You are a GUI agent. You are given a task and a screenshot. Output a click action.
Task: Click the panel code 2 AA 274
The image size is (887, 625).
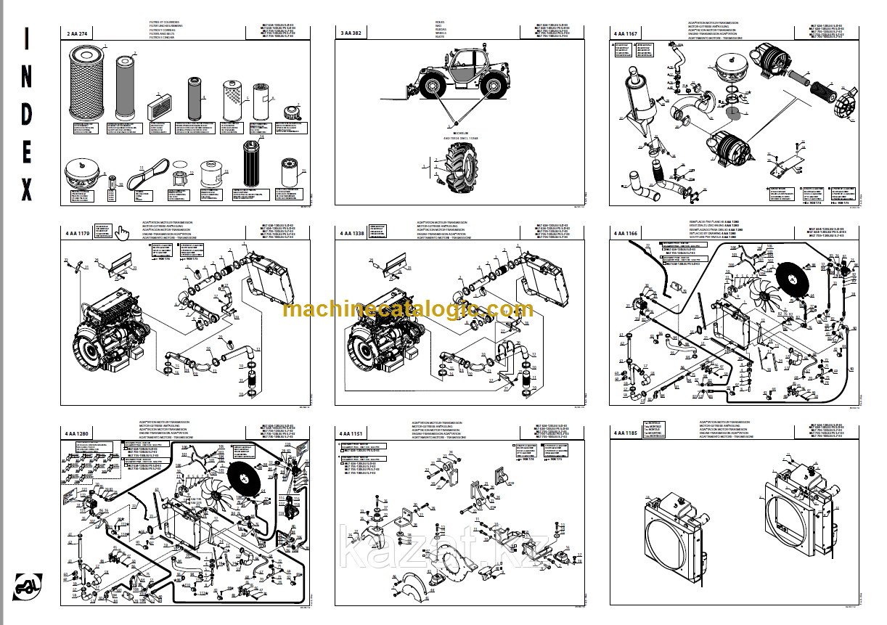pyautogui.click(x=78, y=33)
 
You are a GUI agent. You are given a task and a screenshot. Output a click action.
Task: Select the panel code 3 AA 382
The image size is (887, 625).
pyautogui.click(x=351, y=33)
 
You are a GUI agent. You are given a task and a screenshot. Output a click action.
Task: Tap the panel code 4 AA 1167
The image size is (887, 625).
pyautogui.click(x=626, y=33)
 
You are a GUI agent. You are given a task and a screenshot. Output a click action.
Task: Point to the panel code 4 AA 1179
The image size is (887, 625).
pyautogui.click(x=78, y=234)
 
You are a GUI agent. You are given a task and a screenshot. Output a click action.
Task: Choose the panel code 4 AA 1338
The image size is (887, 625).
pyautogui.click(x=351, y=234)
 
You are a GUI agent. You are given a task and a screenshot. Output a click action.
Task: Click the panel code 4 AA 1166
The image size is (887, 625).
pyautogui.click(x=626, y=234)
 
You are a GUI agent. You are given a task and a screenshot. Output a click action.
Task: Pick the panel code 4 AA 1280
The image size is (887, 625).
pyautogui.click(x=78, y=433)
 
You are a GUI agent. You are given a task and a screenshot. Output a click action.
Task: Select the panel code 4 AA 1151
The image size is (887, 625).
pyautogui.click(x=351, y=433)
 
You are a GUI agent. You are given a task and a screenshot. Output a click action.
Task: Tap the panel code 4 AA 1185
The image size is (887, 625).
pyautogui.click(x=626, y=433)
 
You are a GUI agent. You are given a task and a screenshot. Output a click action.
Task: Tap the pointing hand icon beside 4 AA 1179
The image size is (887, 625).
pyautogui.click(x=121, y=232)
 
